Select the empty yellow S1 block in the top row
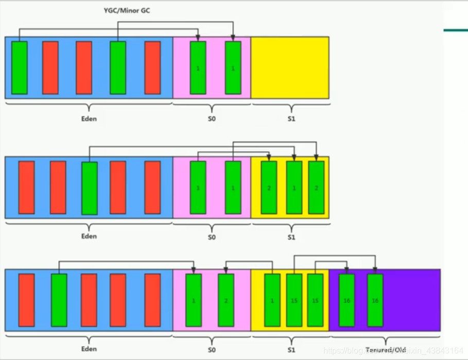point(290,67)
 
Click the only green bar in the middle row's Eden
point(90,187)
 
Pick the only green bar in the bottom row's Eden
point(59,300)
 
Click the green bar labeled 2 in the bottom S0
point(226,300)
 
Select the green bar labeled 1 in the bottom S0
point(194,300)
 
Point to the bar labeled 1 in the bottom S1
point(272,300)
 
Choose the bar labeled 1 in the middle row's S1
point(294,187)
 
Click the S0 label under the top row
point(212,119)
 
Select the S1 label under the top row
point(291,119)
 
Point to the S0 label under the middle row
point(212,237)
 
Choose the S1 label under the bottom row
point(291,350)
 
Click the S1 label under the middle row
point(291,237)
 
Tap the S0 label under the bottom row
point(212,350)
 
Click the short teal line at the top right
point(456,30)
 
